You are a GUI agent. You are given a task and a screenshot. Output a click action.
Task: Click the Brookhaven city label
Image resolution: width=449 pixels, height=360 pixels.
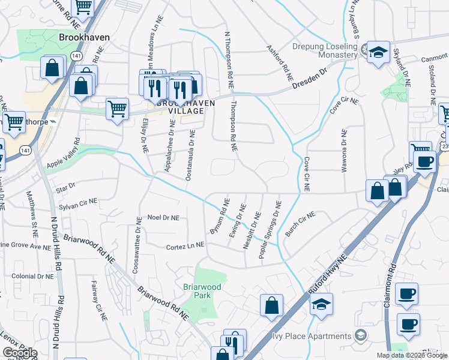(85, 37)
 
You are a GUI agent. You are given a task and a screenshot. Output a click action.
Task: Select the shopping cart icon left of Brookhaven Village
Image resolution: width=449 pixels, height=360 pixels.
(117, 109)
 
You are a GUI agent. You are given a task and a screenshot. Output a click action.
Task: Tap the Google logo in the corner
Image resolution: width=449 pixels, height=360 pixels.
(20, 353)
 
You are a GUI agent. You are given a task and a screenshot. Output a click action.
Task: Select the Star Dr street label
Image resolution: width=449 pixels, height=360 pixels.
(65, 188)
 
